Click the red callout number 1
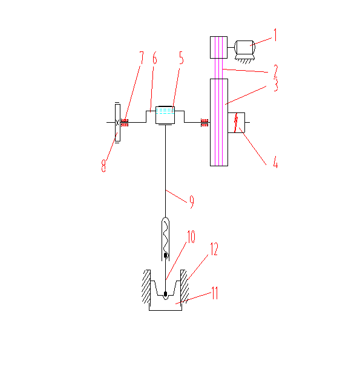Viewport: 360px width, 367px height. click(275, 35)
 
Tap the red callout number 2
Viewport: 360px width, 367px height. click(276, 71)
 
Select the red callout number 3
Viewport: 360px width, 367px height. click(276, 85)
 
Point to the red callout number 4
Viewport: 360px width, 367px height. click(276, 162)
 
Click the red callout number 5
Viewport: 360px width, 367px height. click(182, 58)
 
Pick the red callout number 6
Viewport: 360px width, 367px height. click(154, 58)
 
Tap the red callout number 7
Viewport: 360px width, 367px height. click(141, 58)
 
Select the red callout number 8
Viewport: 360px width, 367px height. click(103, 166)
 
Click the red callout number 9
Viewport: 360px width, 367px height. click(192, 202)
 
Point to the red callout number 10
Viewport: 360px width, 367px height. click(191, 236)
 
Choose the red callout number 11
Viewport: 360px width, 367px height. click(215, 293)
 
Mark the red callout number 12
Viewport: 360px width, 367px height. click(214, 249)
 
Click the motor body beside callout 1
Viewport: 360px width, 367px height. click(244, 48)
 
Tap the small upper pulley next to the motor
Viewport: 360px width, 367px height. click(218, 47)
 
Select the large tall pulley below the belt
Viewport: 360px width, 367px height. click(219, 122)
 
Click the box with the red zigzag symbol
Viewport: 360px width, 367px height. click(237, 123)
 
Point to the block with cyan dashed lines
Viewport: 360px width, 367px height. click(165, 115)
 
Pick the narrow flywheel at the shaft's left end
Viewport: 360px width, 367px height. click(117, 123)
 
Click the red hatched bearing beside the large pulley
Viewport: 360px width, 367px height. click(205, 123)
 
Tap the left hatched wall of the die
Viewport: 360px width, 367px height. click(146, 287)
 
